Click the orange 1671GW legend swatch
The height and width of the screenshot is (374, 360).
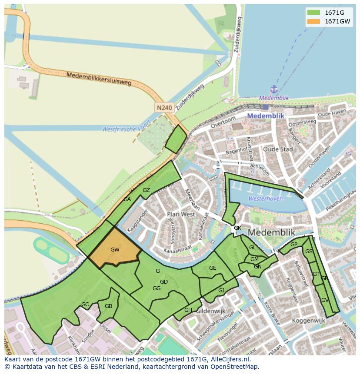click(313, 22)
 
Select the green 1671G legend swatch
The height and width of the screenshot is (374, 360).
click(313, 13)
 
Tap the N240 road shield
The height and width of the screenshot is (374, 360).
click(165, 107)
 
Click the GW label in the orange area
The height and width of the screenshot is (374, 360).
click(115, 250)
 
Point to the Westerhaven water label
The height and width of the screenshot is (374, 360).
click(265, 199)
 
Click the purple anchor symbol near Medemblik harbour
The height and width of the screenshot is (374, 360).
click(273, 90)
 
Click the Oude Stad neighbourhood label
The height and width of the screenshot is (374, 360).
click(278, 149)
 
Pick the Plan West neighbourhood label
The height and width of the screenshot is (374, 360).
click(181, 214)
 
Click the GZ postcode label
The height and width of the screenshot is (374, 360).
click(146, 190)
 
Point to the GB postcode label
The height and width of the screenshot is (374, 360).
click(108, 306)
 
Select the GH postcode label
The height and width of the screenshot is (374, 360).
click(188, 310)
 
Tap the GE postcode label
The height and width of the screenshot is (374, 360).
click(213, 268)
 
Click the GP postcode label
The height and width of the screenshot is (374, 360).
click(294, 245)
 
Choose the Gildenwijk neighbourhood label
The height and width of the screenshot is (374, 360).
click(210, 312)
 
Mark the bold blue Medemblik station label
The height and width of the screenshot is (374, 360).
click(265, 116)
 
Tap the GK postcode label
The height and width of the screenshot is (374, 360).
click(237, 228)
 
